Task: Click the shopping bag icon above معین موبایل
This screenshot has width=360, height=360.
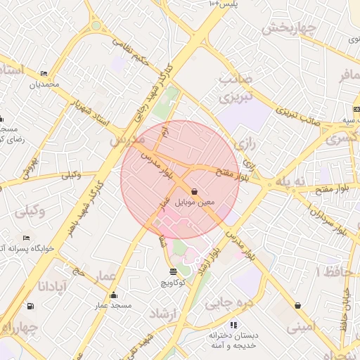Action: (x=194, y=191)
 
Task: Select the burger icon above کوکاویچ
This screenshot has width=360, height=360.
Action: (x=174, y=271)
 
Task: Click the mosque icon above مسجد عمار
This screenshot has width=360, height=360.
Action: (x=114, y=295)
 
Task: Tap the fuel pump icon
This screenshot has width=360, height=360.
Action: (x=30, y=306)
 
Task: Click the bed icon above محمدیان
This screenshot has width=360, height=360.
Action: (x=45, y=73)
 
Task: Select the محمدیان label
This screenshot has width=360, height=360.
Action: (x=45, y=84)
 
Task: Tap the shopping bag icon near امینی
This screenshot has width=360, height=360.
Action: (x=298, y=306)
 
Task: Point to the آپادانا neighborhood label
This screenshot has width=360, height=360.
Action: (x=51, y=286)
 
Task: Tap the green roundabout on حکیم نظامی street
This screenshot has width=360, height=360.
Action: (x=96, y=26)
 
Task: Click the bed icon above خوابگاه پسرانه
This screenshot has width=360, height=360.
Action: (x=27, y=238)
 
